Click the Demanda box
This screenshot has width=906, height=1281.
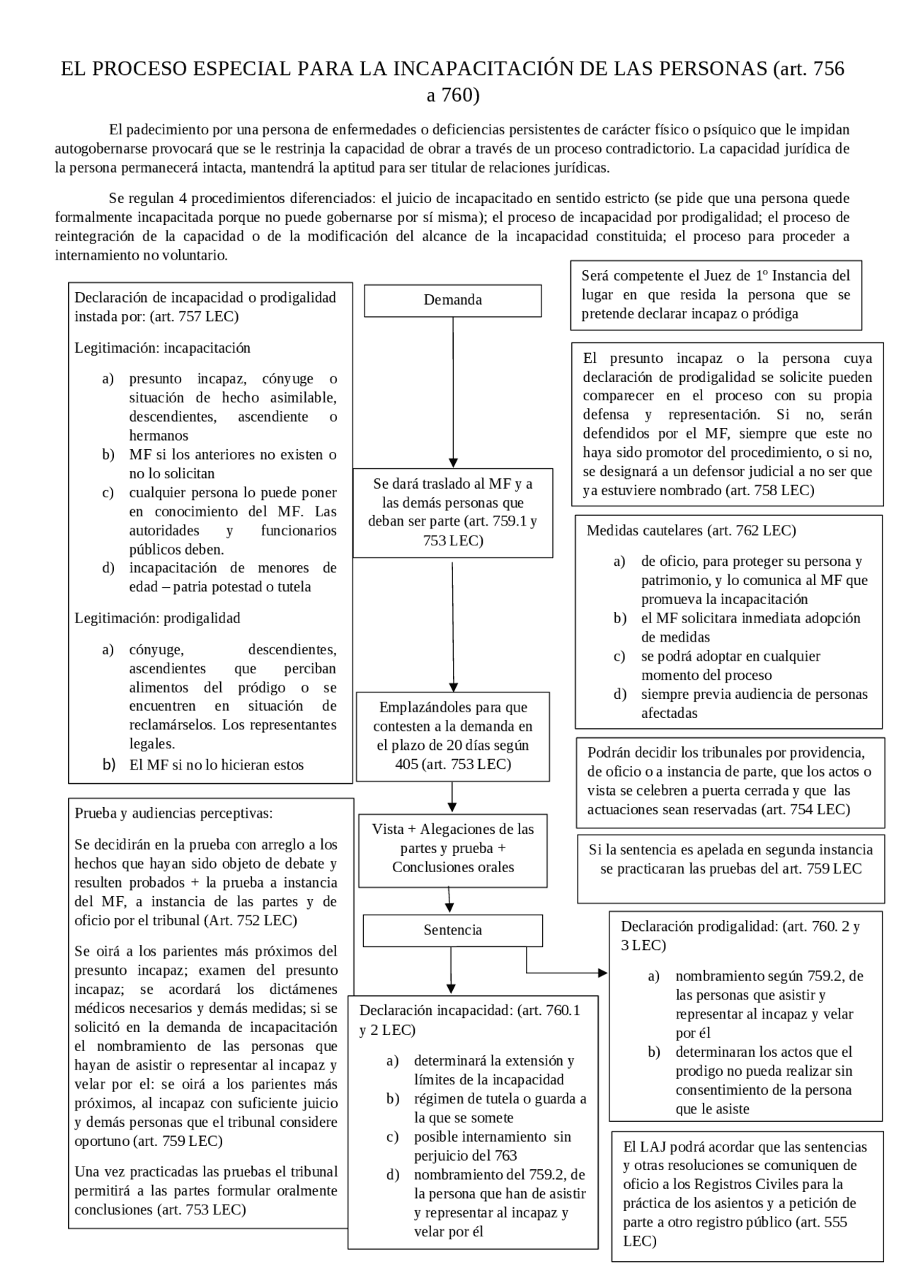coord(452,300)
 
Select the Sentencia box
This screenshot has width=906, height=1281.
coord(452,930)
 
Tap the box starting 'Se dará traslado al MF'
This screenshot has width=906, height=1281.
coord(452,512)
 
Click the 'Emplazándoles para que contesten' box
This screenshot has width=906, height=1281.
coord(452,736)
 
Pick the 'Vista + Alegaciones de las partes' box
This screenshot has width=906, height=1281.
coord(452,848)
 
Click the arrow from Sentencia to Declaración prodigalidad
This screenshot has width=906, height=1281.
coord(566,973)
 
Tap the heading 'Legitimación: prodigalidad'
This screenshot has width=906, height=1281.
coord(157,618)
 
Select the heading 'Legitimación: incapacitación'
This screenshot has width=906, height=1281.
coord(163,348)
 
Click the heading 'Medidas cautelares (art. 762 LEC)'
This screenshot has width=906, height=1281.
coord(691,531)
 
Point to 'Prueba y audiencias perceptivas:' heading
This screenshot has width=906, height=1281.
coord(173,813)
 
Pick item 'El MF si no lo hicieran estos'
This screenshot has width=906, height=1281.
coord(216,765)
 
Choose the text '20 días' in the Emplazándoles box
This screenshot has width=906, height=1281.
coord(471,745)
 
